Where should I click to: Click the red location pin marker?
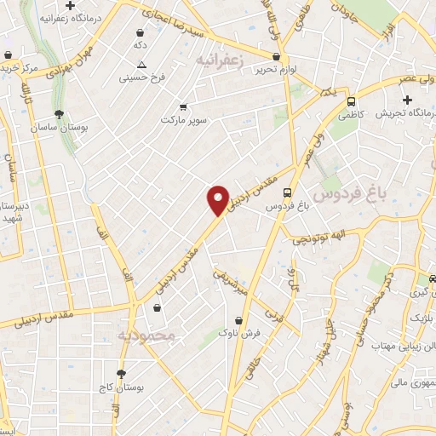point(218,200)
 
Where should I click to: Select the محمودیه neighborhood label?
point(147,336)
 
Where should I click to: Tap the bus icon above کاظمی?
point(351,101)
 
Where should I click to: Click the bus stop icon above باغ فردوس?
point(287,193)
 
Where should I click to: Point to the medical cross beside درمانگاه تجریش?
point(408,100)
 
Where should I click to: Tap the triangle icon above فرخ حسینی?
point(141,65)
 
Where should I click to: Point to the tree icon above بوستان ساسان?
point(58,114)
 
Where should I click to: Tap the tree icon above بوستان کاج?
point(121,373)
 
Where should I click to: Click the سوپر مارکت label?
point(184,120)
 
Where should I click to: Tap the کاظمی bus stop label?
point(353,112)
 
